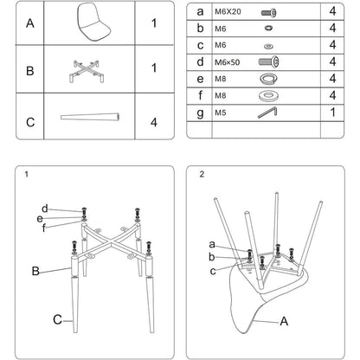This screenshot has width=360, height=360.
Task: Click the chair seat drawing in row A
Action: pos(93,22)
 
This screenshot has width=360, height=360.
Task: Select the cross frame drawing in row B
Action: pos(87,71)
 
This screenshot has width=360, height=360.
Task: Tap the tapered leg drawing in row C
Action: pos(90,117)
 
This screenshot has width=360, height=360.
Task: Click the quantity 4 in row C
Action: pos(154,122)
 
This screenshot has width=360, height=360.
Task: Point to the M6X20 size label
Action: pos(228,12)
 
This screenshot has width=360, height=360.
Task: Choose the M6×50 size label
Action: pos(227,62)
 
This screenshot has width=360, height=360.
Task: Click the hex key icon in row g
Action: pos(267,112)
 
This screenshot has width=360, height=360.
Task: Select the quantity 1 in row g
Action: pos(333,112)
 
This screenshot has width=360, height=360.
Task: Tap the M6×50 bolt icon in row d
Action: pos(268,61)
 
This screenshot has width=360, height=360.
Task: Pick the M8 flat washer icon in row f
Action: pos(268,96)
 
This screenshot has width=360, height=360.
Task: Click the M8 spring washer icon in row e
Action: pos(268,79)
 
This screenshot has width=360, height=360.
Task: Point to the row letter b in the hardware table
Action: pos(200,28)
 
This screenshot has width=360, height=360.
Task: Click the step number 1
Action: pos(27,174)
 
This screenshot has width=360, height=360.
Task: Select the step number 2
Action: pos(202,174)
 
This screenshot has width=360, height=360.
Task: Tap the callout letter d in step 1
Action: pos(45,209)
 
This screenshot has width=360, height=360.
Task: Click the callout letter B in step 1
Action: pos(35,271)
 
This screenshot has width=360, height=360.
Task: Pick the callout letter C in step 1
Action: pos(57,319)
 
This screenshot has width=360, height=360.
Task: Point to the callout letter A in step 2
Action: pos(284,321)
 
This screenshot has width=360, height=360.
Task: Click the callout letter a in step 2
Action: pos(212,245)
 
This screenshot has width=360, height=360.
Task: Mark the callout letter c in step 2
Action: pos(213,271)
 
